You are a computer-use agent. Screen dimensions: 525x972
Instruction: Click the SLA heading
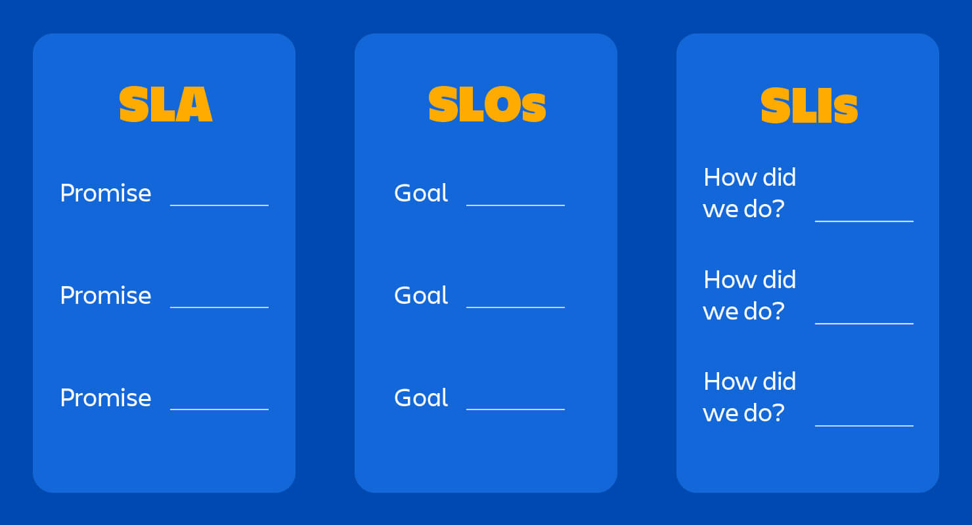click(166, 105)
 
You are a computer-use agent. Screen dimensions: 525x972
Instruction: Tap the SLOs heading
click(487, 105)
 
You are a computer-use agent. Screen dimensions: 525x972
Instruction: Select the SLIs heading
click(808, 106)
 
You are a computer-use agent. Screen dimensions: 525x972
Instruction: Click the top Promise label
click(106, 194)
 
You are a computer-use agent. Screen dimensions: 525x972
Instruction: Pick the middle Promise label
click(106, 295)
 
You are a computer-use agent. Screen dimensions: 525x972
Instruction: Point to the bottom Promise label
click(106, 398)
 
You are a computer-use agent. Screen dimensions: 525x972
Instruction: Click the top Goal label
click(421, 194)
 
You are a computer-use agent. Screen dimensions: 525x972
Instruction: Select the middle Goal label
click(421, 295)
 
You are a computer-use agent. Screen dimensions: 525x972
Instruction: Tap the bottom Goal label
click(421, 398)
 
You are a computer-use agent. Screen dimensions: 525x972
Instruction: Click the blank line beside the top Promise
click(219, 205)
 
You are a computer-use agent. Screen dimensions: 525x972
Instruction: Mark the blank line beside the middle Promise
click(219, 306)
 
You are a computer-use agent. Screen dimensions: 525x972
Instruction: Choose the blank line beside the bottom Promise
click(219, 409)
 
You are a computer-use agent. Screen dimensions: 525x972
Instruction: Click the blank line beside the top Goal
click(516, 205)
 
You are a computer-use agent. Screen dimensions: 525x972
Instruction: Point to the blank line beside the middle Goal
click(516, 306)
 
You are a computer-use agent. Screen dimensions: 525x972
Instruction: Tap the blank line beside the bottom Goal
click(516, 409)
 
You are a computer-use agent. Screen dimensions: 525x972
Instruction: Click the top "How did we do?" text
click(749, 193)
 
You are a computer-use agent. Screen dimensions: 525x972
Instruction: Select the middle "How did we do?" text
click(749, 295)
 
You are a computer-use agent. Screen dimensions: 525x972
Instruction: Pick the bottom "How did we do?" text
click(749, 397)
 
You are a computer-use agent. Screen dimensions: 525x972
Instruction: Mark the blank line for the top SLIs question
click(864, 221)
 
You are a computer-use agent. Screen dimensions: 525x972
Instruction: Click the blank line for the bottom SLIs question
click(864, 425)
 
